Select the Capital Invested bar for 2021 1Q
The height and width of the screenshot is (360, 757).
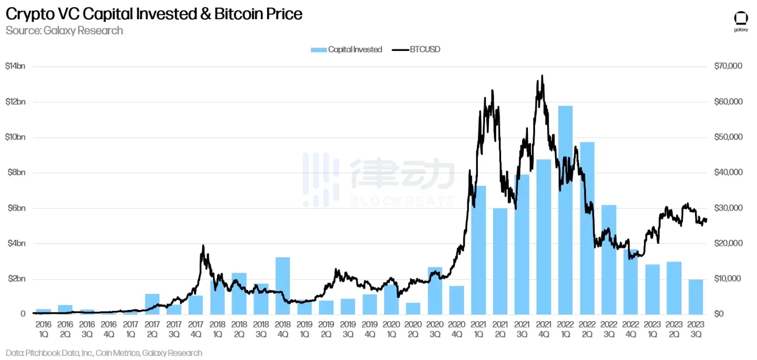pyautogui.click(x=478, y=250)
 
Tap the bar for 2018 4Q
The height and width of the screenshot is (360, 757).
pyautogui.click(x=283, y=285)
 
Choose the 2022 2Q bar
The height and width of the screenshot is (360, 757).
pyautogui.click(x=587, y=228)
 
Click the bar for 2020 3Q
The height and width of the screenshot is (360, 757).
pyautogui.click(x=435, y=290)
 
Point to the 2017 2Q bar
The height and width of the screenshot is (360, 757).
pyautogui.click(x=152, y=303)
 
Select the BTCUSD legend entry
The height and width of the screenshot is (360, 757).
pyautogui.click(x=416, y=49)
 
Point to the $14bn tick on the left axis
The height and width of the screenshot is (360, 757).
pyautogui.click(x=15, y=67)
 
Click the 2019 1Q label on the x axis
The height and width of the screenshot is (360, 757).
pyautogui.click(x=304, y=328)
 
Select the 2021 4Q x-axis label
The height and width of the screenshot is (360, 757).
pyautogui.click(x=543, y=328)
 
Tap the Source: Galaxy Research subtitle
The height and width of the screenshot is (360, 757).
pyautogui.click(x=64, y=30)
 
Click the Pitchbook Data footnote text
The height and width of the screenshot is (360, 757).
pyautogui.click(x=103, y=353)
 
